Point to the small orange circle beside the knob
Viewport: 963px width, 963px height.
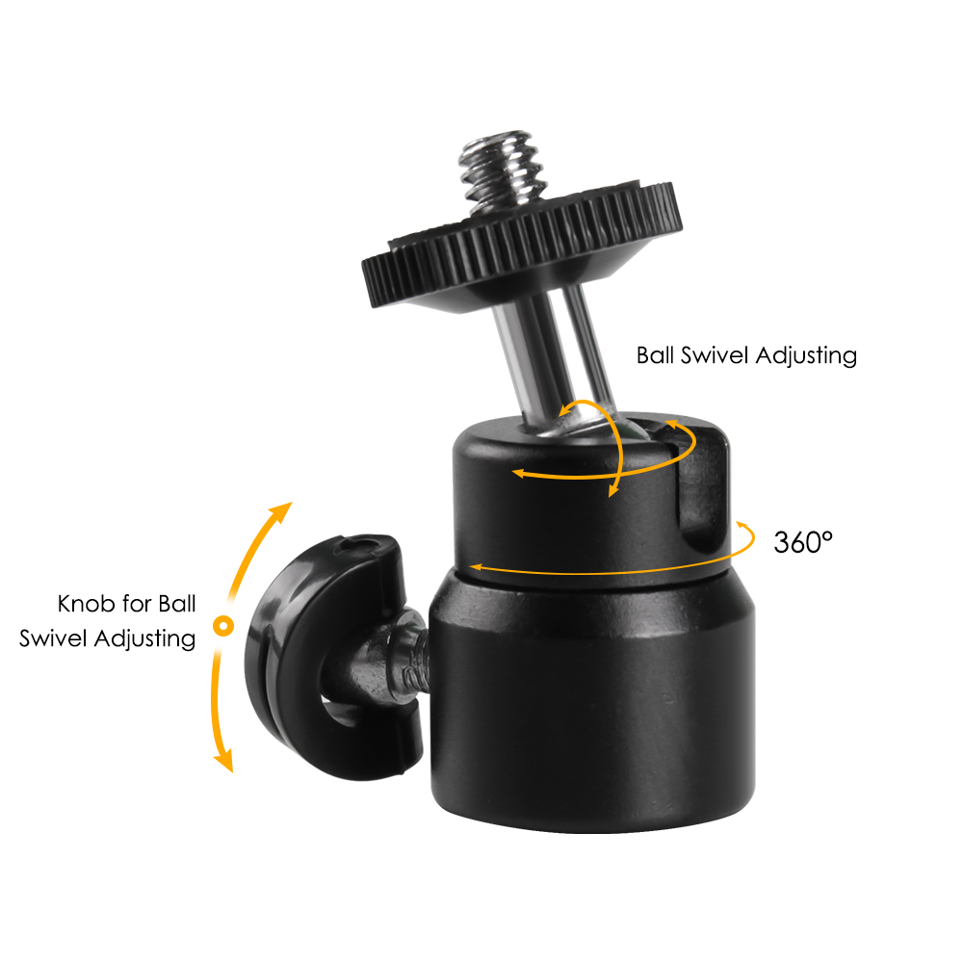pyautogui.click(x=222, y=626)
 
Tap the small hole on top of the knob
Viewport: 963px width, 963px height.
pyautogui.click(x=360, y=546)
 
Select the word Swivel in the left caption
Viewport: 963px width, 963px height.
pyautogui.click(x=52, y=638)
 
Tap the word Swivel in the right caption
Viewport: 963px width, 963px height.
pyautogui.click(x=716, y=355)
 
